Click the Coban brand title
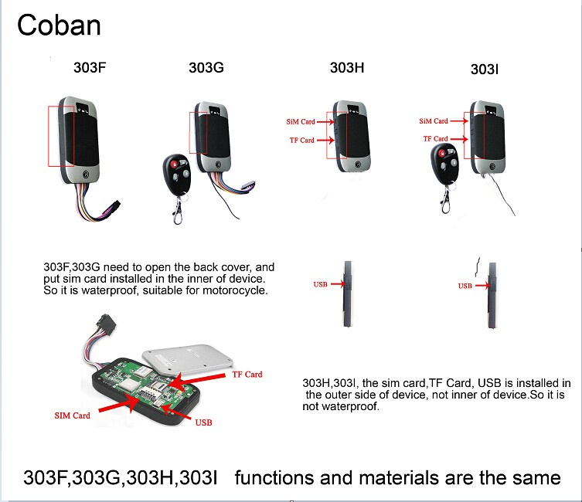pyautogui.click(x=59, y=25)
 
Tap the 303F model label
pyautogui.click(x=90, y=67)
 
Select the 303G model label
pyautogui.click(x=206, y=67)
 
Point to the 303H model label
pyautogui.click(x=347, y=67)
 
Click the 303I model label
pyautogui.click(x=485, y=70)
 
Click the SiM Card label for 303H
pyautogui.click(x=301, y=121)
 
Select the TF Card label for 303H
pyautogui.click(x=301, y=140)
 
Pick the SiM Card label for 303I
pyautogui.click(x=434, y=120)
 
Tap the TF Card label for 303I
pyautogui.click(x=435, y=139)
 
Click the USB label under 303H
pyautogui.click(x=320, y=284)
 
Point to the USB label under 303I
pyautogui.click(x=465, y=286)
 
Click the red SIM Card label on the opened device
pyautogui.click(x=73, y=416)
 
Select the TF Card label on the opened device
pyautogui.click(x=247, y=375)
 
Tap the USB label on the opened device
pyautogui.click(x=203, y=422)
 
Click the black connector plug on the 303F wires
pyautogui.click(x=113, y=206)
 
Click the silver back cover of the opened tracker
pyautogui.click(x=188, y=358)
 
